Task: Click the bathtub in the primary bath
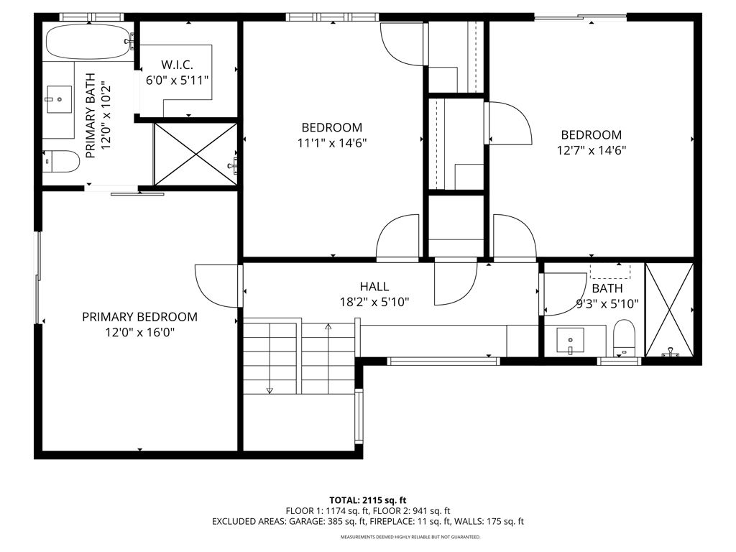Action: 88,42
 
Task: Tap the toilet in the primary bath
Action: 62,162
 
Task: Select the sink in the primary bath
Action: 59,98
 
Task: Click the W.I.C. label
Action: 178,64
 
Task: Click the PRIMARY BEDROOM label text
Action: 139,316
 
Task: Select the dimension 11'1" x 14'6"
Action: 332,143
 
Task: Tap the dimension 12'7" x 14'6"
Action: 592,150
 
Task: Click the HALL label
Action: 374,287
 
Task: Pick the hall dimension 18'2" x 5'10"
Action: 375,303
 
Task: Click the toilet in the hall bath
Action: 625,336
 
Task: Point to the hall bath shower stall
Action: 669,310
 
